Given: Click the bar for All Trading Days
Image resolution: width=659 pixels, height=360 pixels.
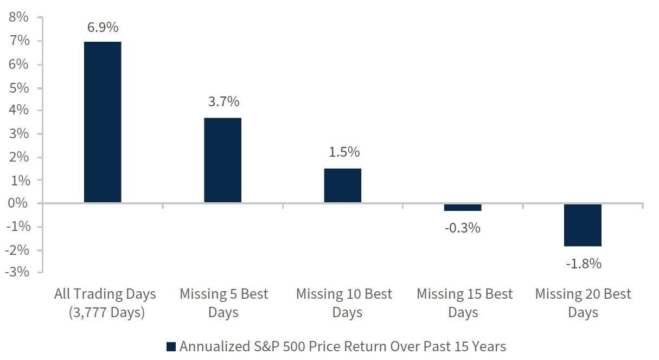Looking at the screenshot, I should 103,122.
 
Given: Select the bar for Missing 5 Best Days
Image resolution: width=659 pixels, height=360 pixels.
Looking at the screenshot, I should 222,160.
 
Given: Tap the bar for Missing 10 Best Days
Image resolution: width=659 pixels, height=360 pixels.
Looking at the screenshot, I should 342,185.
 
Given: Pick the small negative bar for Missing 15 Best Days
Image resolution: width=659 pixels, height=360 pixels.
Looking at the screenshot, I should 463,207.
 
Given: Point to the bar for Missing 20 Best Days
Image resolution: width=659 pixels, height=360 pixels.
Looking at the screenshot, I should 583,225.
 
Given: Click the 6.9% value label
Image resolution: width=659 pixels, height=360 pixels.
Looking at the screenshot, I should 103,27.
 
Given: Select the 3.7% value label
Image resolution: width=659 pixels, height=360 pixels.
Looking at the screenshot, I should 223,102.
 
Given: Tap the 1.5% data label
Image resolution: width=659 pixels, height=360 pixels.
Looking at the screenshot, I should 344,152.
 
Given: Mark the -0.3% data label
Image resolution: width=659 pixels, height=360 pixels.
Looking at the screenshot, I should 463,228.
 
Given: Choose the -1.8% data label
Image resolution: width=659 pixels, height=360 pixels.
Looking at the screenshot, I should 584,264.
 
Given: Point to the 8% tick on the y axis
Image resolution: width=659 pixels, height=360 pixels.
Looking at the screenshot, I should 18,17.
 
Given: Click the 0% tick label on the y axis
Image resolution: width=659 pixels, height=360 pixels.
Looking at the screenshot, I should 18,203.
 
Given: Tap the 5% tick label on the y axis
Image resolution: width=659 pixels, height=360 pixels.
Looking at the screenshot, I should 18,87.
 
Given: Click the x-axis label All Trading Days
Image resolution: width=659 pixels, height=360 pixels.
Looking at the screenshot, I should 105,294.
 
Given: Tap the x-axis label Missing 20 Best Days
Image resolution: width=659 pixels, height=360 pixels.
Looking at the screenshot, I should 583,303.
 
